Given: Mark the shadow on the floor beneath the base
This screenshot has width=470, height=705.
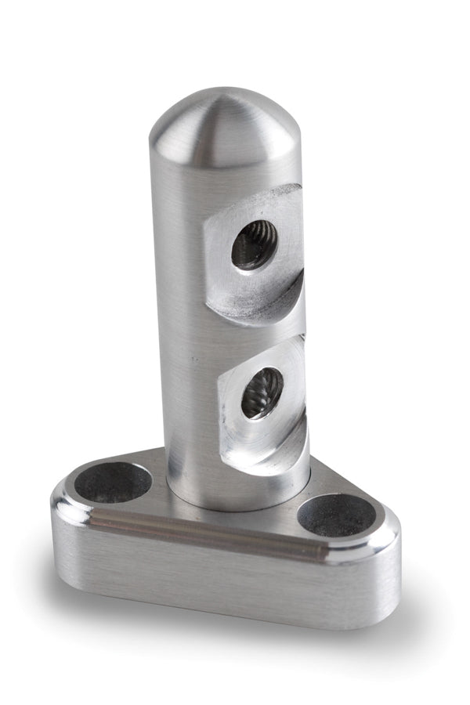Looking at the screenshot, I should tap(235, 634).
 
